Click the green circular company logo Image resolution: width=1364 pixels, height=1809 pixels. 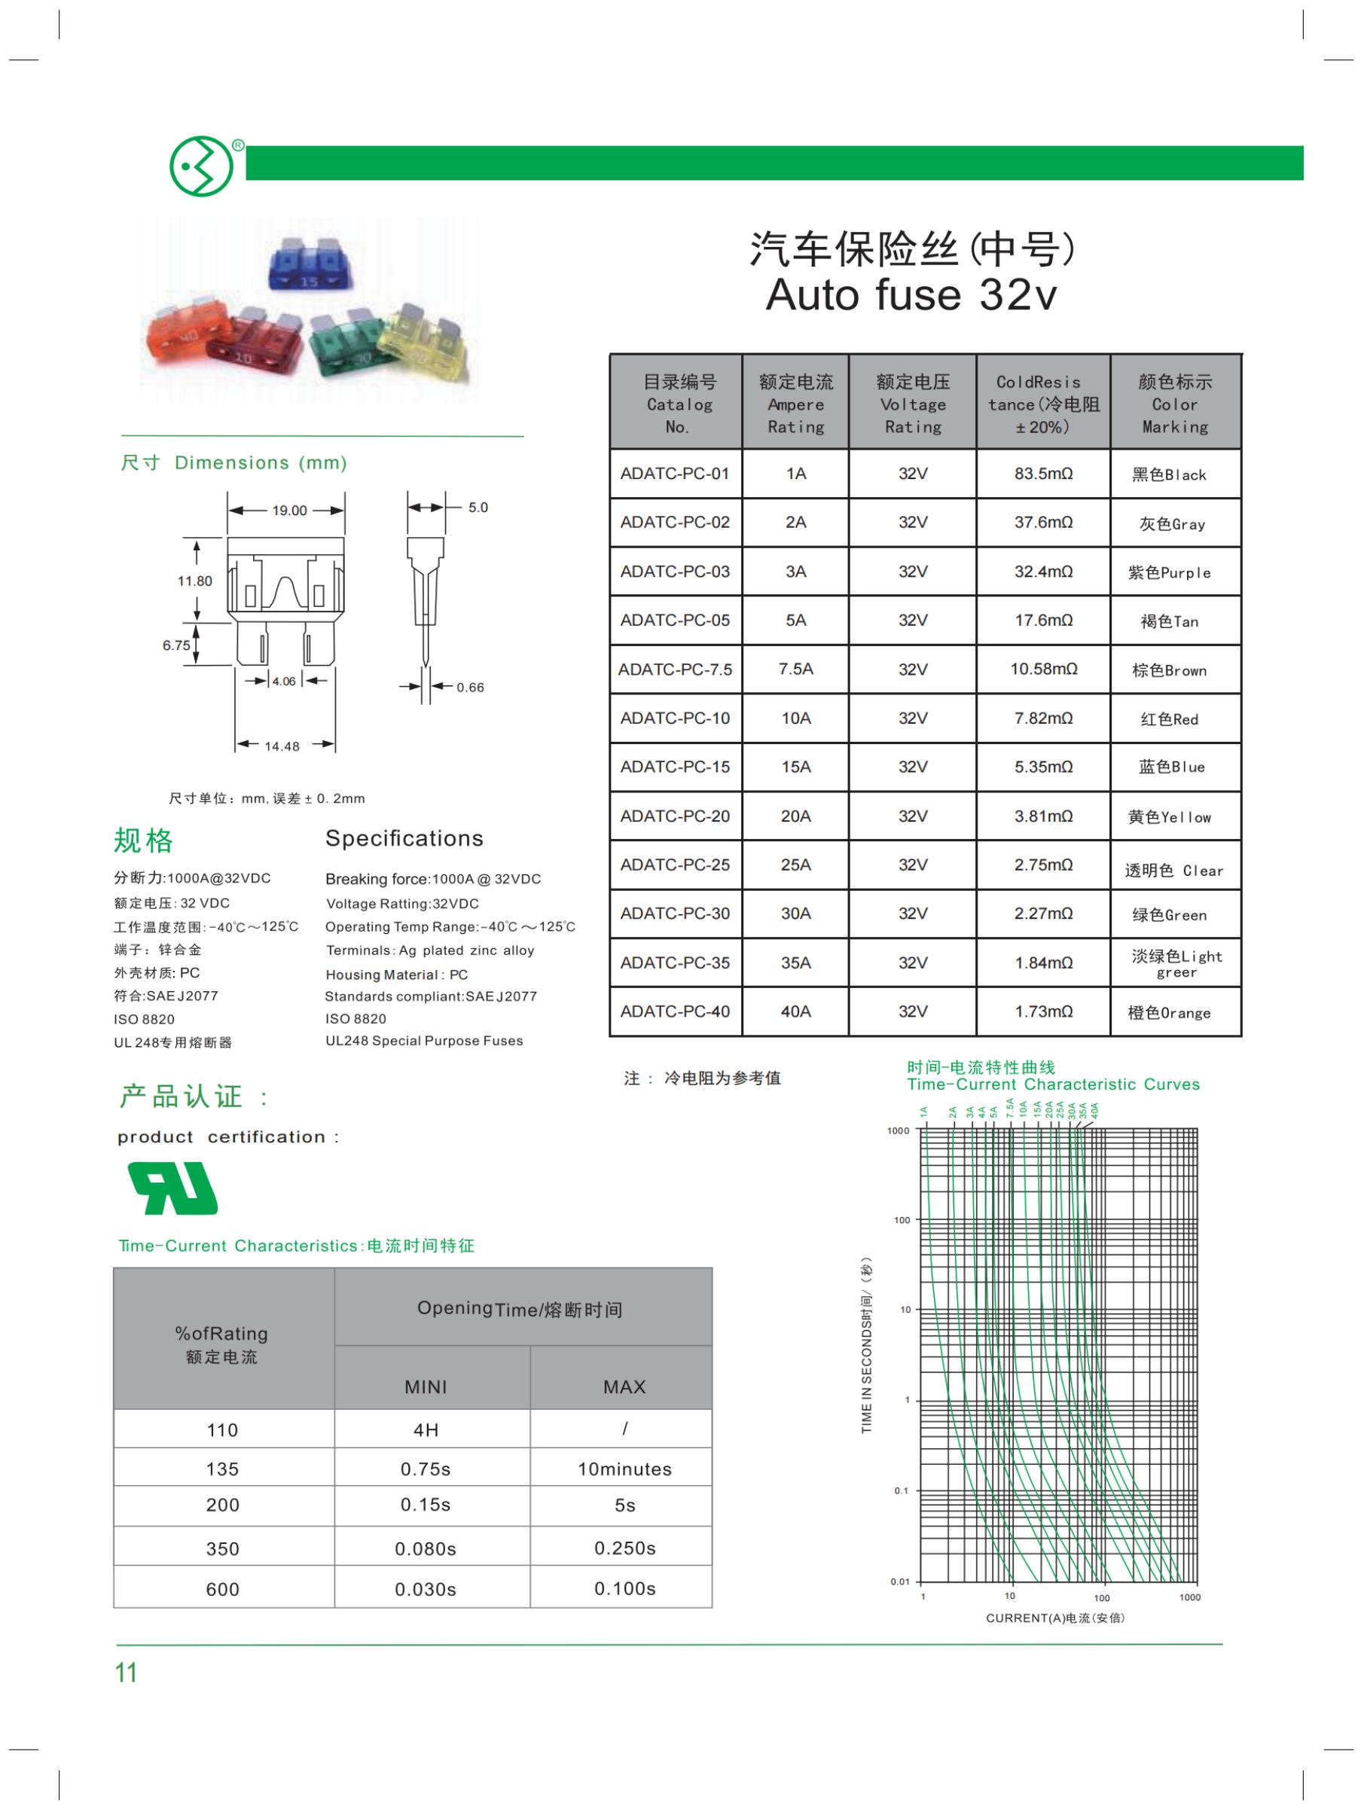point(201,166)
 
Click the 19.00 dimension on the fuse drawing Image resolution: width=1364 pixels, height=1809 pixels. point(289,511)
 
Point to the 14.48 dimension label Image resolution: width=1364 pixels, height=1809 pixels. point(282,746)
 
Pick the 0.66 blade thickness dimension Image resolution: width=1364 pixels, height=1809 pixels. point(470,687)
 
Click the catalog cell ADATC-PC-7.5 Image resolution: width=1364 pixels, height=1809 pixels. point(675,669)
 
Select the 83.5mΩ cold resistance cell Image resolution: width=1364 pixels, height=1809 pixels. point(1042,474)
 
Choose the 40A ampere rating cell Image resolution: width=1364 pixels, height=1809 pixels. point(795,1011)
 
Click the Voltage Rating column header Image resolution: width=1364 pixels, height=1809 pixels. point(913,404)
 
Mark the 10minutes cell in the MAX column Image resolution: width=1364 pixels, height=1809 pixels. point(624,1469)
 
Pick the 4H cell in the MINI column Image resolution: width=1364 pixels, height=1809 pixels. point(426,1429)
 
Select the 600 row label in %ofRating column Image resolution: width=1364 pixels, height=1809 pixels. point(222,1589)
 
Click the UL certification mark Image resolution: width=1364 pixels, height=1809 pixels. point(172,1189)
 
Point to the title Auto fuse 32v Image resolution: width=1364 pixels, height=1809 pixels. point(911,294)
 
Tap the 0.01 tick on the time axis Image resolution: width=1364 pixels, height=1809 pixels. point(899,1582)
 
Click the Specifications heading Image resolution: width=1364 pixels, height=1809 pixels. point(404,838)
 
